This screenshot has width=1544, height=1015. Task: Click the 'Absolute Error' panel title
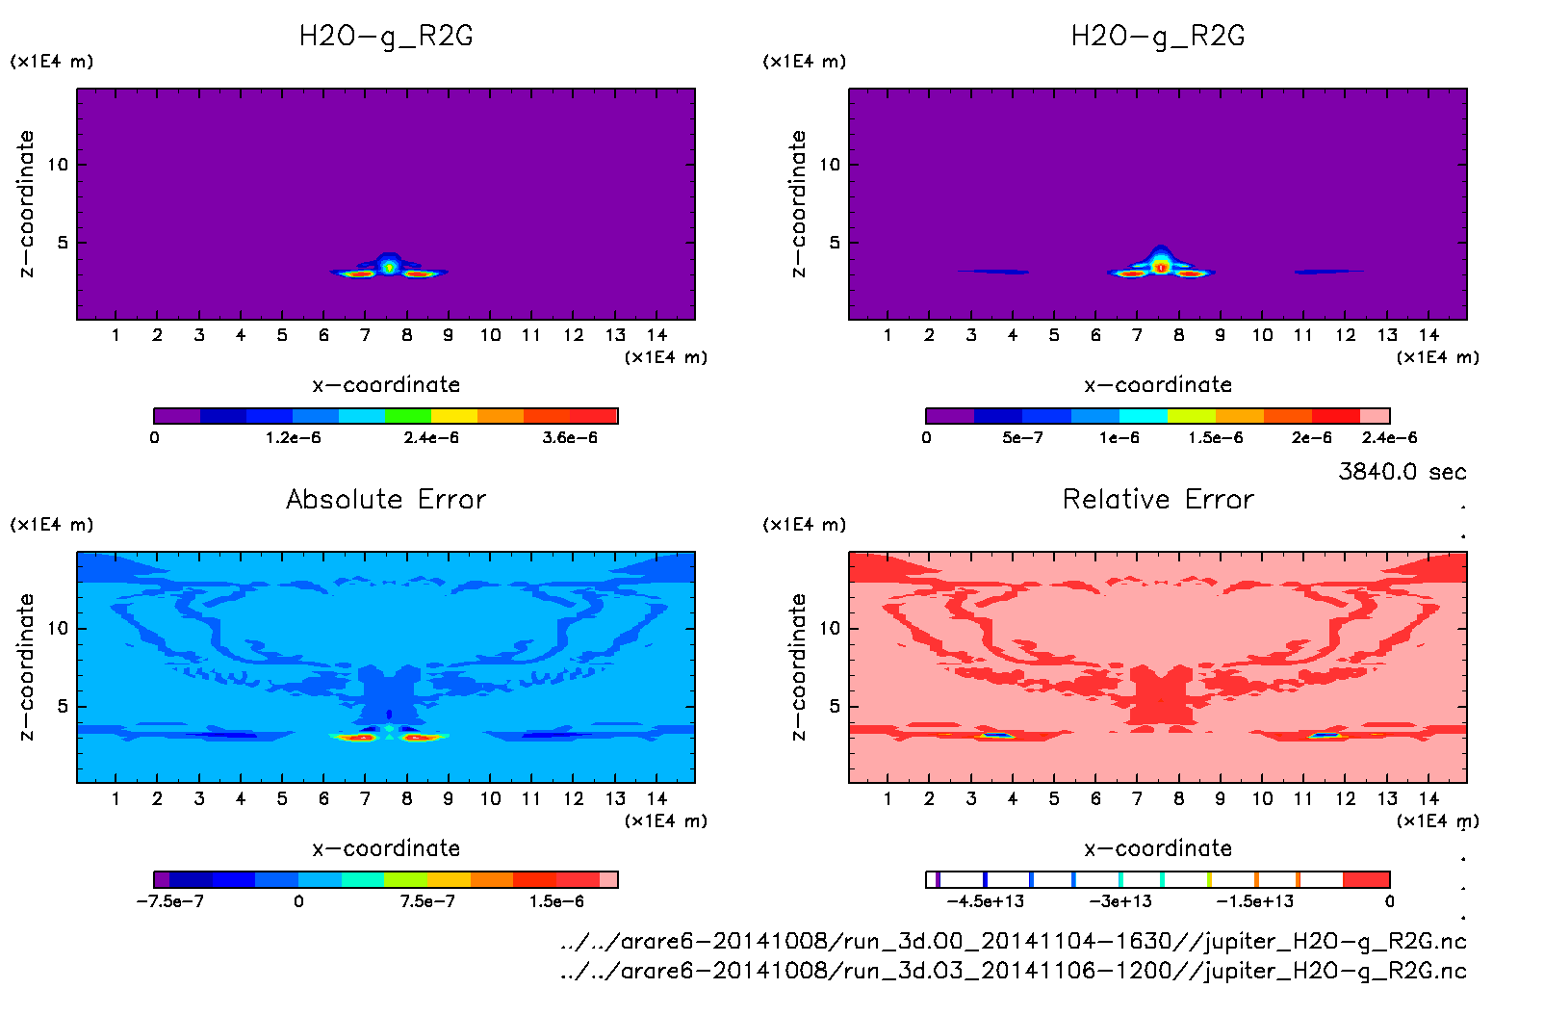[386, 499]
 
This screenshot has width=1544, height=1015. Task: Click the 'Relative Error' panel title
[1158, 499]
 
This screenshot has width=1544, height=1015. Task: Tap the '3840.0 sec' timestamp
[1402, 472]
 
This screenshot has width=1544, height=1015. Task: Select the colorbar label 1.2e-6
[294, 438]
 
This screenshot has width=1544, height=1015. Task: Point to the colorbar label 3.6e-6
[570, 438]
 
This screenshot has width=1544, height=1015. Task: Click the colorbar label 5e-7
[1022, 438]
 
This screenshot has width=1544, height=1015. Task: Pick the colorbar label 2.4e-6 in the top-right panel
[1389, 438]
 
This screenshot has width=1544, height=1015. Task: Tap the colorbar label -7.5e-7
[170, 901]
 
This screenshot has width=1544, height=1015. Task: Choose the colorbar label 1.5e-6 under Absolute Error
[556, 901]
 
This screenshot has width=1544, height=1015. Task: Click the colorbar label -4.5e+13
[985, 901]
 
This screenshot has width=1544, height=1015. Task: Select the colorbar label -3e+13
[1120, 901]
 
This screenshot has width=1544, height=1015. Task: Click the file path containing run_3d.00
[1013, 941]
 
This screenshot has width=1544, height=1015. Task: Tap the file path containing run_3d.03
[1013, 971]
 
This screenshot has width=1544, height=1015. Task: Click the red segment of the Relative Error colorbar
[1366, 879]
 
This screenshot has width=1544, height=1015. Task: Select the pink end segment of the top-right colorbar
[1375, 416]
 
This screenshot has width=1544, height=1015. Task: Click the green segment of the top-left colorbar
[407, 416]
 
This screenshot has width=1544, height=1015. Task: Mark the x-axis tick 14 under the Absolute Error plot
[657, 798]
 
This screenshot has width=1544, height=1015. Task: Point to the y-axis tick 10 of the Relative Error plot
[830, 628]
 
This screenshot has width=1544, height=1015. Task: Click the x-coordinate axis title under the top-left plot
[386, 385]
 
